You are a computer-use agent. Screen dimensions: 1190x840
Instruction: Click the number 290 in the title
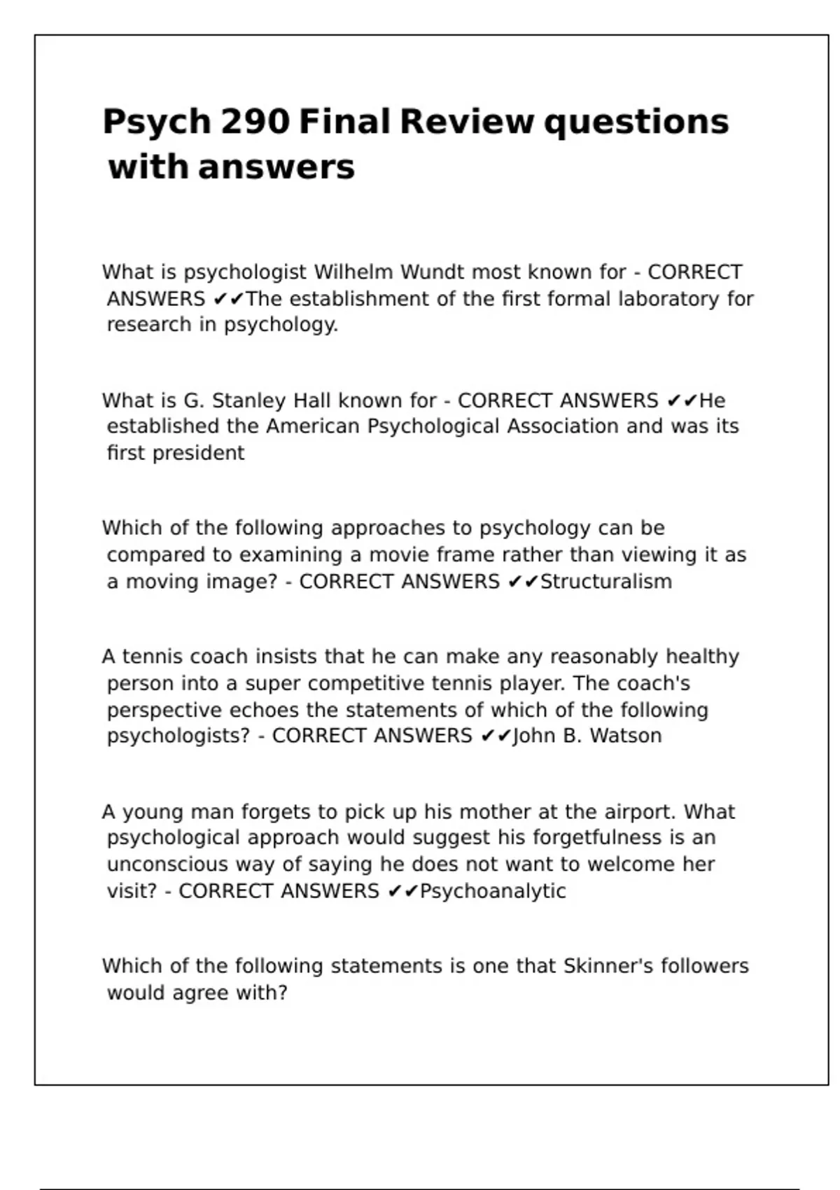coord(255,122)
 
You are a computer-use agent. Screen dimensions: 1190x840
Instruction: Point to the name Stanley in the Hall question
coord(248,400)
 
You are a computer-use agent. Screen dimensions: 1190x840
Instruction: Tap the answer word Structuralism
coord(606,582)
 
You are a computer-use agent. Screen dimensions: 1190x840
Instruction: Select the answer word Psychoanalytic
coord(493,891)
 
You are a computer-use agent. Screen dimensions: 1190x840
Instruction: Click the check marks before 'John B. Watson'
coord(497,736)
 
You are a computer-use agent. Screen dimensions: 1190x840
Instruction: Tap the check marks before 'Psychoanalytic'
coord(403,891)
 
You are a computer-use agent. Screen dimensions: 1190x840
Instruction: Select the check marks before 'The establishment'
coord(229,300)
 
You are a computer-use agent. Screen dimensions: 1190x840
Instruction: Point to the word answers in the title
coord(276,167)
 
